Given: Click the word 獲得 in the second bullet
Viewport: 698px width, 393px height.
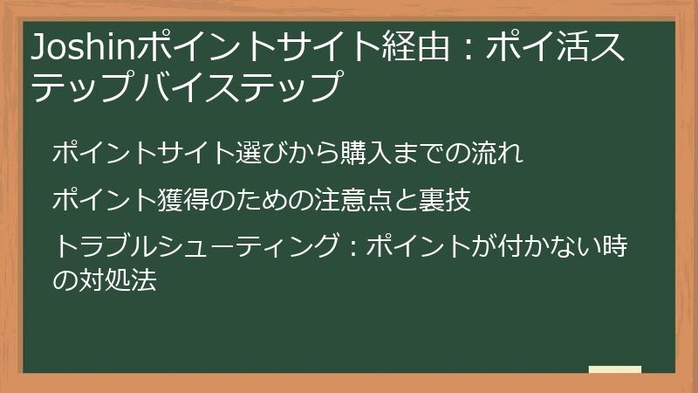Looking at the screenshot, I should (x=184, y=200).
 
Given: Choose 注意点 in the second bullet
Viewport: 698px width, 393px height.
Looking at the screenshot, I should (x=366, y=200).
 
